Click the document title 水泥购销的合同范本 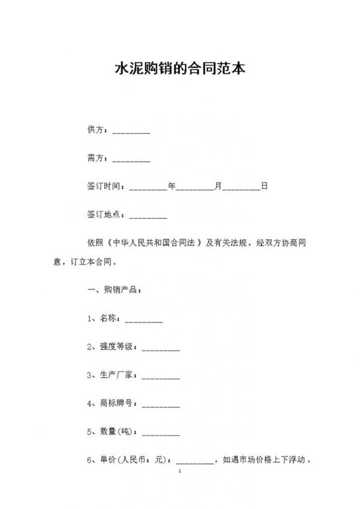tap(179, 69)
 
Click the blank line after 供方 tap(131, 131)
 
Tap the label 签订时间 tap(105, 186)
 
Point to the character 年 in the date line tap(171, 186)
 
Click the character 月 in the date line tap(218, 186)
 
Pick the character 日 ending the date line tap(265, 186)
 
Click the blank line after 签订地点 tap(148, 215)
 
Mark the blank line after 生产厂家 tap(160, 375)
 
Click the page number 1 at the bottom tap(180, 472)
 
